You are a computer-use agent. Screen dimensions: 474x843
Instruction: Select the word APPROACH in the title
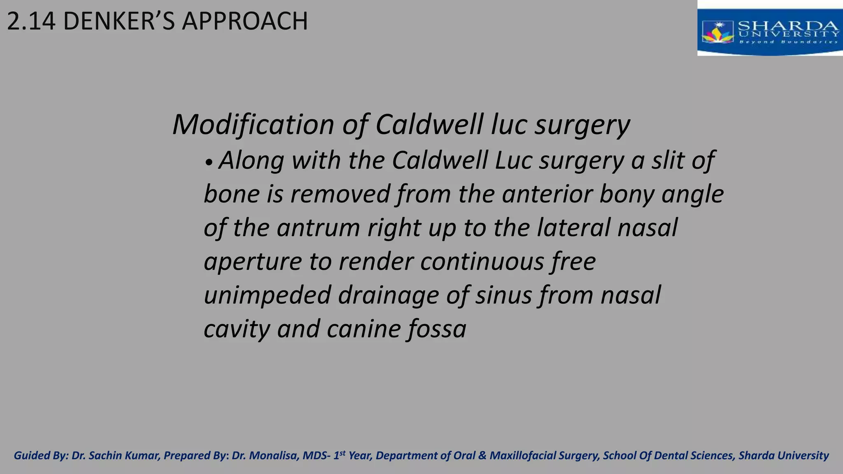[x=245, y=21]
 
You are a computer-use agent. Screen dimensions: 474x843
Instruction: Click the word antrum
[x=318, y=228]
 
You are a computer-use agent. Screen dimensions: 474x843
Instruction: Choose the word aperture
[x=253, y=262]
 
